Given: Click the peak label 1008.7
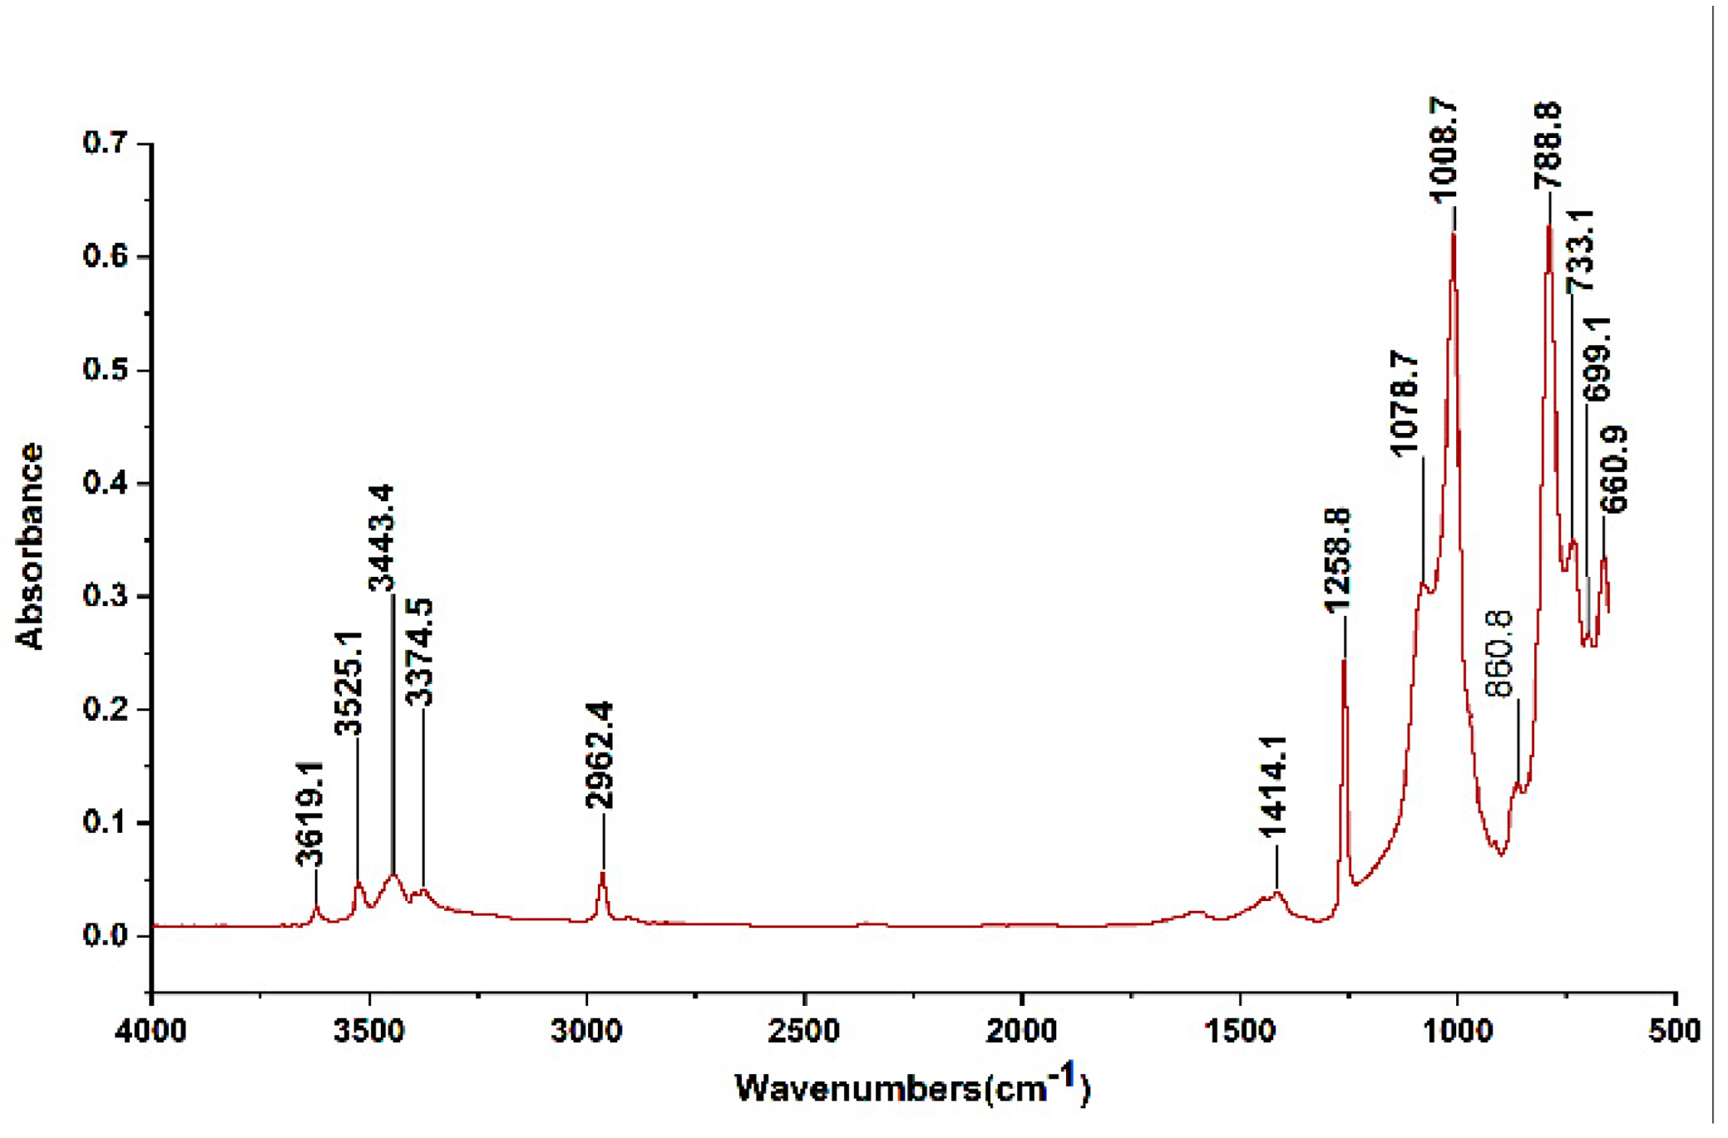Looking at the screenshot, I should tap(1444, 150).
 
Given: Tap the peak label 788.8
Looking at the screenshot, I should tap(1548, 145).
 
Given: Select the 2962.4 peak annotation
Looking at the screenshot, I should tap(600, 755).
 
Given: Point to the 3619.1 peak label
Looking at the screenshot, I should tap(310, 814).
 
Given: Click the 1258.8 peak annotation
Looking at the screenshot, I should tap(1338, 561).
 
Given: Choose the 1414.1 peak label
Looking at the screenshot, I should tap(1272, 786).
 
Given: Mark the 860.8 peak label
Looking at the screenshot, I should tap(1499, 653).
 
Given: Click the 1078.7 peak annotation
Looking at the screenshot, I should tap(1405, 404).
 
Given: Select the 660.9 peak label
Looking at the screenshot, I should tap(1614, 470).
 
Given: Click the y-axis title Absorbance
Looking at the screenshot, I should tap(30, 546).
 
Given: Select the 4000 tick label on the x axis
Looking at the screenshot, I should tap(151, 1031).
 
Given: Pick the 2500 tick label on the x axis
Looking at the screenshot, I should tap(804, 1031).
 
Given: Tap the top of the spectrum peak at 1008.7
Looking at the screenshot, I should tap(1453, 235).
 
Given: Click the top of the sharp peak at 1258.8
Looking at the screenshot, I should tap(1344, 661).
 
